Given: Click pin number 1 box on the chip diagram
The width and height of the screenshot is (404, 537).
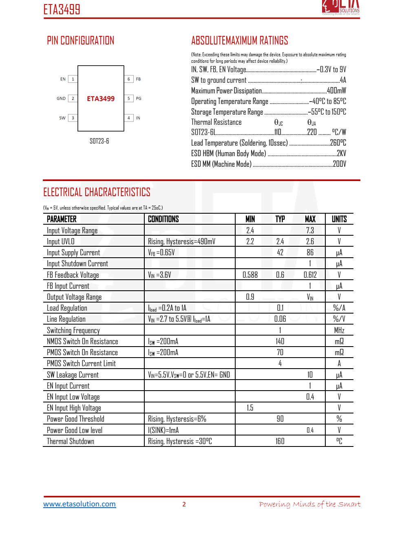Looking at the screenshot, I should pos(73,79).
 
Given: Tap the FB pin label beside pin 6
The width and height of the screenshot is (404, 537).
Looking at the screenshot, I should pos(138,79).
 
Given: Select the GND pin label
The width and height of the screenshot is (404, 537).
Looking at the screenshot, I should pos(61,99).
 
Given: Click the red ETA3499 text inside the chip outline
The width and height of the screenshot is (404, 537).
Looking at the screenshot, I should pos(101,99).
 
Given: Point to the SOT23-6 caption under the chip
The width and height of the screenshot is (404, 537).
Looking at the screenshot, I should pos(99,141).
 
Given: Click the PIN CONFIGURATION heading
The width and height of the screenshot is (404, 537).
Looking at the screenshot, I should pos(80,41).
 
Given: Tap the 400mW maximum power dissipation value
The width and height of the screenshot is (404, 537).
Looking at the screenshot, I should pos(336,91).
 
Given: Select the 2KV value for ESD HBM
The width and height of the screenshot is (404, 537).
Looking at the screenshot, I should pos(341,153).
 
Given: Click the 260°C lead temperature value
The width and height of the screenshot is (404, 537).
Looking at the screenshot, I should pos(338,143).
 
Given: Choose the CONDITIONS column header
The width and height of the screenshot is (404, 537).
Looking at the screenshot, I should pos(163,219).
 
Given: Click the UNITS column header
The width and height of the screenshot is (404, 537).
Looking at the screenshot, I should pos(339,219).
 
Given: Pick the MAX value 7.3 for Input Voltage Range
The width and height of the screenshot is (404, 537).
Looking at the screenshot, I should pos(310,230).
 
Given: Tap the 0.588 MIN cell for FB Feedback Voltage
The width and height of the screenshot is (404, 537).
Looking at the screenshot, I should pos(250,275).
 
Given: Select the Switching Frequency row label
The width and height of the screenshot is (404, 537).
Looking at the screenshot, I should pos(73,330).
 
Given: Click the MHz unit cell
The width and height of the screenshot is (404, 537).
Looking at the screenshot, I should pos(339,330).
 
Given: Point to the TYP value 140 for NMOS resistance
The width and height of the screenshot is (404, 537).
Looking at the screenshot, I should pos(280,341).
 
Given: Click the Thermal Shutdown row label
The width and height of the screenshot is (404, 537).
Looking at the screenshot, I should pos(71,441).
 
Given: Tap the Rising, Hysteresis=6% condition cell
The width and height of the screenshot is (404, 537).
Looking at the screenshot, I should pos(177,419).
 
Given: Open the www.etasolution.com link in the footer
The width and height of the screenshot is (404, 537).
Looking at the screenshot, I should pos(79,504).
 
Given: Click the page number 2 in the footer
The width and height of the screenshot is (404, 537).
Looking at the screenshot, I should pos(184,504).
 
